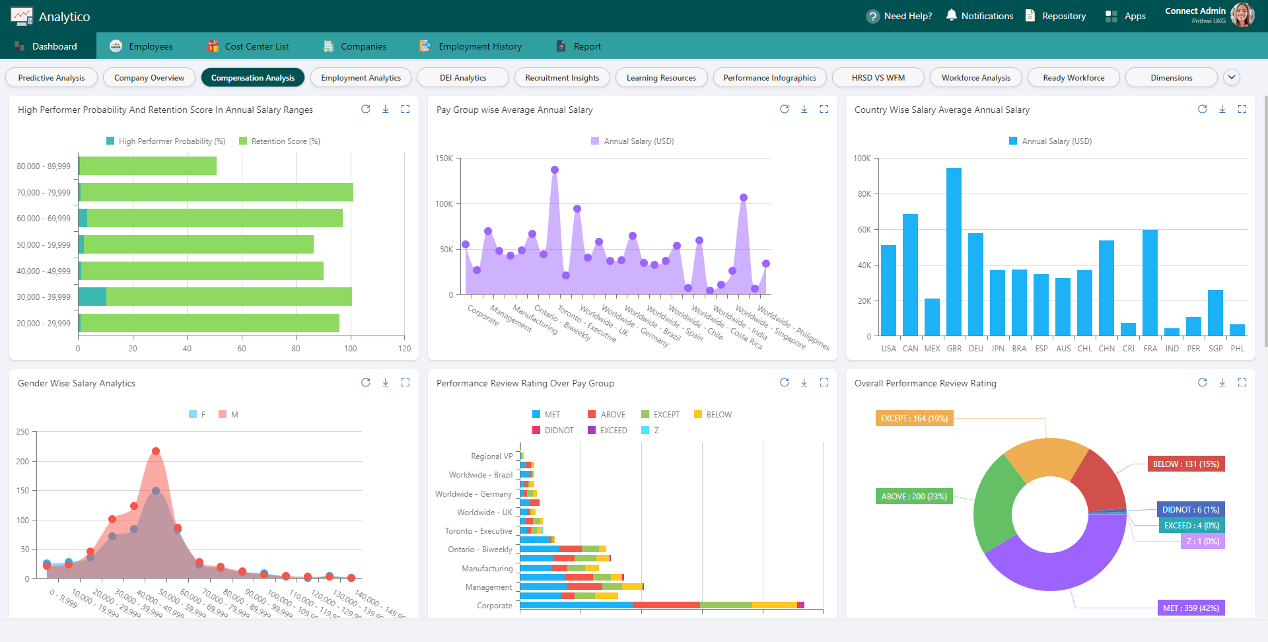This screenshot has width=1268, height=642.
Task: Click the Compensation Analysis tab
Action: (x=252, y=78)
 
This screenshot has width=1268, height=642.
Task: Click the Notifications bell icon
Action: (x=951, y=15)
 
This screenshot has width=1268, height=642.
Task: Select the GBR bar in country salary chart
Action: (x=954, y=251)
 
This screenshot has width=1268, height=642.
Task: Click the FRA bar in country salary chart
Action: (x=1150, y=283)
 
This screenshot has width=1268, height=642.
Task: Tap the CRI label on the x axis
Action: (x=1128, y=349)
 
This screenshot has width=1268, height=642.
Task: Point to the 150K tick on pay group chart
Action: (x=444, y=159)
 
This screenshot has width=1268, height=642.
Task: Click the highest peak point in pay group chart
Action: (x=555, y=170)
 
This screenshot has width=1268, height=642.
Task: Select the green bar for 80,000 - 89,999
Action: (x=148, y=166)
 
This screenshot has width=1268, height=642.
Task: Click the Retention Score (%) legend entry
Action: (x=279, y=141)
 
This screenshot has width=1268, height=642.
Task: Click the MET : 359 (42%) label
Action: (x=1191, y=608)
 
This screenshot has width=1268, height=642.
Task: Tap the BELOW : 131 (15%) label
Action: (x=1185, y=464)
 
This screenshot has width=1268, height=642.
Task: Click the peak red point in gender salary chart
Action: (x=156, y=451)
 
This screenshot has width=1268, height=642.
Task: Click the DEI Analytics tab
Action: (x=463, y=78)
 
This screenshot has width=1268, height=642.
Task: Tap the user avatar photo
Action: (x=1242, y=15)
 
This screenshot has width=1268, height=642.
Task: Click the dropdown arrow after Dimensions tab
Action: (x=1231, y=77)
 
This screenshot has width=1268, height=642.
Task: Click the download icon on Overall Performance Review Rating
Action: (x=1222, y=383)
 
